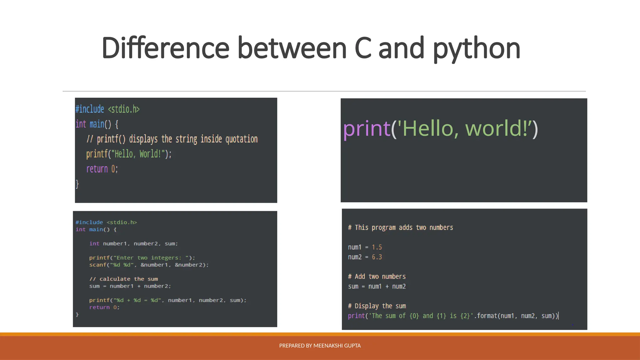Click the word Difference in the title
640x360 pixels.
(x=166, y=48)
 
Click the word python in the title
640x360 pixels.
(x=477, y=49)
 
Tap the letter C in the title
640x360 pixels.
(x=363, y=48)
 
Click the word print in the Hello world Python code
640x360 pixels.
(x=367, y=129)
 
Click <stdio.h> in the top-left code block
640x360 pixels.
(x=124, y=109)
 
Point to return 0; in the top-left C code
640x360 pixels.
(x=102, y=169)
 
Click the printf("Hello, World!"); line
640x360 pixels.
(x=129, y=154)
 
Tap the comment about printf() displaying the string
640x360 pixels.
(x=172, y=139)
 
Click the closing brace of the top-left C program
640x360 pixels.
(x=77, y=184)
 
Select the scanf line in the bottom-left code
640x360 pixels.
(x=149, y=265)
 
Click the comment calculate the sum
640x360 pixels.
(x=124, y=279)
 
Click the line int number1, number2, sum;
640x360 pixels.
(x=133, y=244)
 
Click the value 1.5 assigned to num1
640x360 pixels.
(x=377, y=247)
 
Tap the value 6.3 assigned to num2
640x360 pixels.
(x=377, y=257)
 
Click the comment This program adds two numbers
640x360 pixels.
(x=400, y=227)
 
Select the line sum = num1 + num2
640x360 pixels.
(x=377, y=287)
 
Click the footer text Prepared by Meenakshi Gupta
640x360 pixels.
(x=320, y=346)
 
